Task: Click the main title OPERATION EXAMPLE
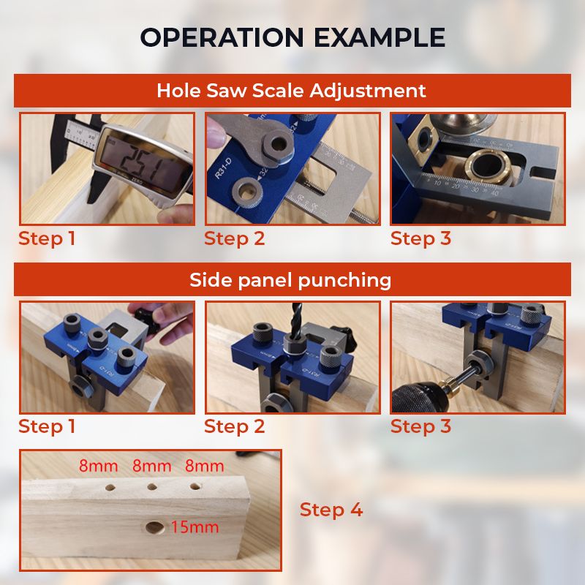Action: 292,37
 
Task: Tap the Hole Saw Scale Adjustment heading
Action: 291,91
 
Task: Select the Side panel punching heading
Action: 290,280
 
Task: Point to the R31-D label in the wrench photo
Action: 223,169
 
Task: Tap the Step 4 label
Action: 331,510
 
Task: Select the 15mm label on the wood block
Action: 195,527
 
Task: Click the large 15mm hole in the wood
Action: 155,527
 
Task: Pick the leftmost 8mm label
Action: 99,466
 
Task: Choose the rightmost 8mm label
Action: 205,466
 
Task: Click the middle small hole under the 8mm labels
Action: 152,487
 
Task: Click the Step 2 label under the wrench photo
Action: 234,239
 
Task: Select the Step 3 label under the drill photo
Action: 421,426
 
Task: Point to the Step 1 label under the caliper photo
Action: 47,239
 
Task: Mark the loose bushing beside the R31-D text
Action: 246,191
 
